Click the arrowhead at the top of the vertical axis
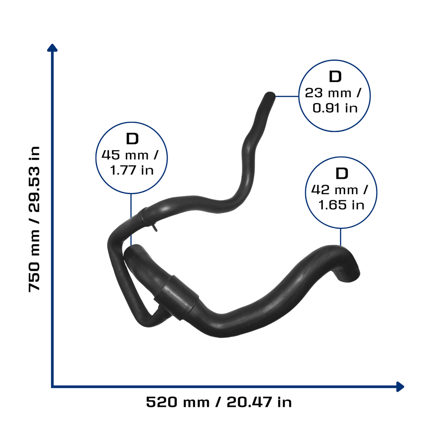coord(52,48)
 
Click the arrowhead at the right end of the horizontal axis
coord(400,387)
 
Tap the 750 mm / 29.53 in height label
coord(34,219)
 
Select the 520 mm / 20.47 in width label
coord(219,402)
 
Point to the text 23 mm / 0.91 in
coord(334,100)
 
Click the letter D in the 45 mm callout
coord(133,139)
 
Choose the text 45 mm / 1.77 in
coord(131,163)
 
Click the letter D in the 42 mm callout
coord(342,174)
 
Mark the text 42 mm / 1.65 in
coord(340,197)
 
